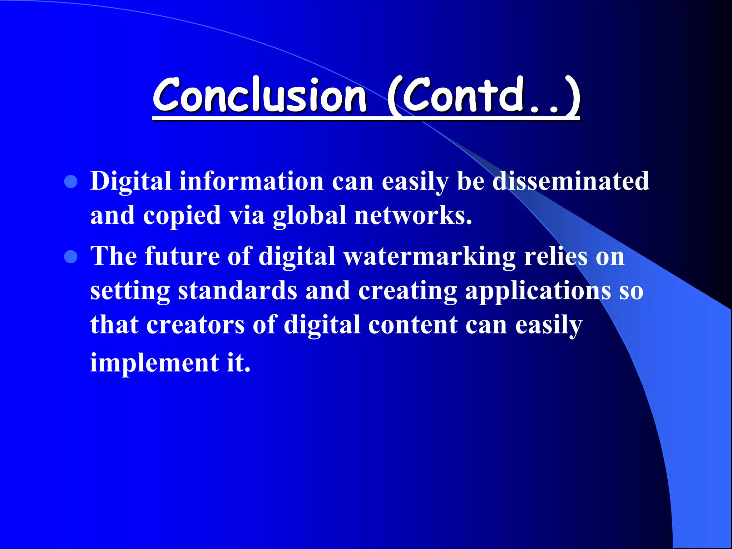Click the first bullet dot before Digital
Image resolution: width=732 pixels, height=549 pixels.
click(x=71, y=182)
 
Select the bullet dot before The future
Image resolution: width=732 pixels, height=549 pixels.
click(x=71, y=257)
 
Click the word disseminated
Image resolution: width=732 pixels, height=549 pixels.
click(x=570, y=181)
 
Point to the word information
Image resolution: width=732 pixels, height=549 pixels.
click(x=252, y=181)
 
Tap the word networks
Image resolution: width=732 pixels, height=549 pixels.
click(x=413, y=216)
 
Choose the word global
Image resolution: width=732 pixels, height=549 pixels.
click(x=310, y=216)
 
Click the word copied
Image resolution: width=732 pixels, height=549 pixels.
click(x=182, y=216)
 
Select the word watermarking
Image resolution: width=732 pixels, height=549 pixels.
click(x=430, y=257)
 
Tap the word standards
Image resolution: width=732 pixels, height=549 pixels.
click(x=238, y=290)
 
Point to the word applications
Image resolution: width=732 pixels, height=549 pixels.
click(x=538, y=290)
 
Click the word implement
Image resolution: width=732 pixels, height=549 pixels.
click(x=154, y=363)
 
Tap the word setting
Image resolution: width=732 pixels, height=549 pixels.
click(x=130, y=291)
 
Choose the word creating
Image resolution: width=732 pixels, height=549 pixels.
click(x=408, y=291)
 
